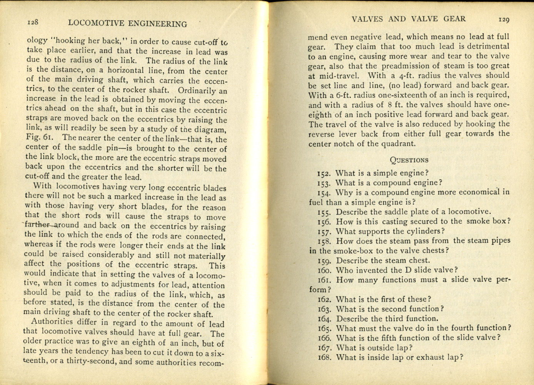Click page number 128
click(33, 22)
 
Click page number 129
click(504, 19)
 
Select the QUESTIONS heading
click(409, 160)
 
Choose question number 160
click(325, 271)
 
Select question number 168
click(325, 358)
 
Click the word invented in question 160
click(373, 270)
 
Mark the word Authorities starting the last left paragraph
click(52, 322)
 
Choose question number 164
click(325, 319)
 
